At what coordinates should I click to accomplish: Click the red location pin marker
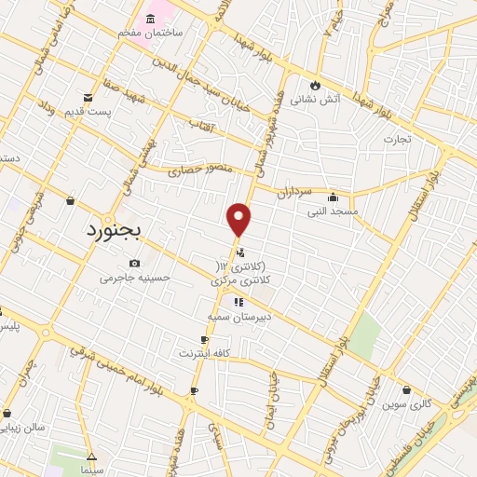tap(239, 219)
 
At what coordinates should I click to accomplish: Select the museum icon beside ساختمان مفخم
tap(152, 18)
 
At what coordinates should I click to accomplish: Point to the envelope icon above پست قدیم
tap(88, 97)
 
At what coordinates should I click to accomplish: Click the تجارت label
tap(402, 139)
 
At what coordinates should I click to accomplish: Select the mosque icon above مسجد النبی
tap(333, 197)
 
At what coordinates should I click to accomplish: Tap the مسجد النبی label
tap(333, 211)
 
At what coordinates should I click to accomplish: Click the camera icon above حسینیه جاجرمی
tap(136, 263)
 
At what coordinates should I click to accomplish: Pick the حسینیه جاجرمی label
tap(136, 278)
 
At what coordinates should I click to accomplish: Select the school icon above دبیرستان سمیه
tap(238, 302)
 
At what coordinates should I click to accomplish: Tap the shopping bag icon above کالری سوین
tap(407, 390)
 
